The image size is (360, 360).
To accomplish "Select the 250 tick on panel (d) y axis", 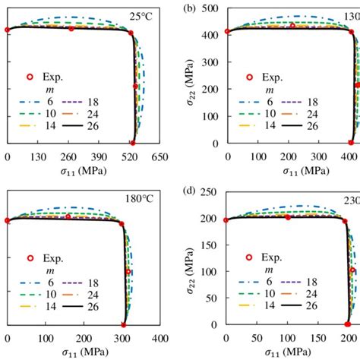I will point(212,193).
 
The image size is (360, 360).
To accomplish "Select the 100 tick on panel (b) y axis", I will point(212,115).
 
